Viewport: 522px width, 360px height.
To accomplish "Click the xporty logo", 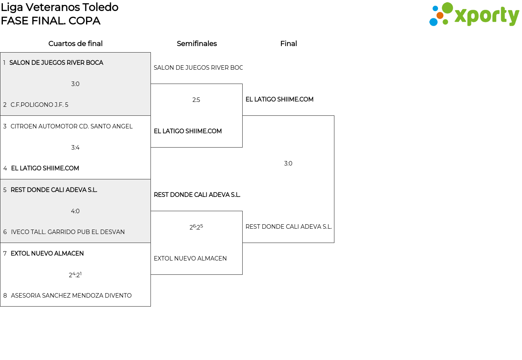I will pos(474,15).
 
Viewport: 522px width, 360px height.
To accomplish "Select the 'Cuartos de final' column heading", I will pos(75,44).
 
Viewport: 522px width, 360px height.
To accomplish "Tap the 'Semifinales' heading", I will pos(197,44).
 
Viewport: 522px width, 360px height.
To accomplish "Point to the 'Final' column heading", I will pos(288,44).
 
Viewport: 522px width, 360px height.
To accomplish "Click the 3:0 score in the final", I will pos(288,163).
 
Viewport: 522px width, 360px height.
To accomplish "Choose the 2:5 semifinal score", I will pos(196,100).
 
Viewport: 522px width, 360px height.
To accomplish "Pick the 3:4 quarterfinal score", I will pos(75,148).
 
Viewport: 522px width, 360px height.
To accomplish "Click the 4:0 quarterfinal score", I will pos(75,211).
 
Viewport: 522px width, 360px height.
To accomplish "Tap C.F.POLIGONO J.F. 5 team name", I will pos(39,105).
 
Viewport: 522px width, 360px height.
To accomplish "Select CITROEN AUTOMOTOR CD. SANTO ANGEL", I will pos(71,126).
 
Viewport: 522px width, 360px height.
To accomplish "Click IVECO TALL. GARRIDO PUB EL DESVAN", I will pos(68,232).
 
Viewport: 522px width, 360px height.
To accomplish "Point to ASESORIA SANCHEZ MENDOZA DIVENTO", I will pos(71,296).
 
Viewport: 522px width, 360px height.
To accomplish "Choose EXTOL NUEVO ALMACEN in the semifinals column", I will pos(190,258).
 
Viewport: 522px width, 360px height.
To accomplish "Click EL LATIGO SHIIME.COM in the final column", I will pos(279,99).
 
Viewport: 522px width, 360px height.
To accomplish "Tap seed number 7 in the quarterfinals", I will pos(5,254).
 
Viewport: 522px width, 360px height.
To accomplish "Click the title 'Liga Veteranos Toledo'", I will pos(60,7).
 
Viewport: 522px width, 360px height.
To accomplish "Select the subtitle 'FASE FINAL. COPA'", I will pos(51,21).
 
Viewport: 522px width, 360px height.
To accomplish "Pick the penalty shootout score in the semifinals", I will pos(196,227).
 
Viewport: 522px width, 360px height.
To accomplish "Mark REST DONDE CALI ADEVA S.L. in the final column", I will pos(288,227).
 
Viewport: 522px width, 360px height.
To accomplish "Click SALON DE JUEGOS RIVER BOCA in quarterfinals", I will pos(56,63).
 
